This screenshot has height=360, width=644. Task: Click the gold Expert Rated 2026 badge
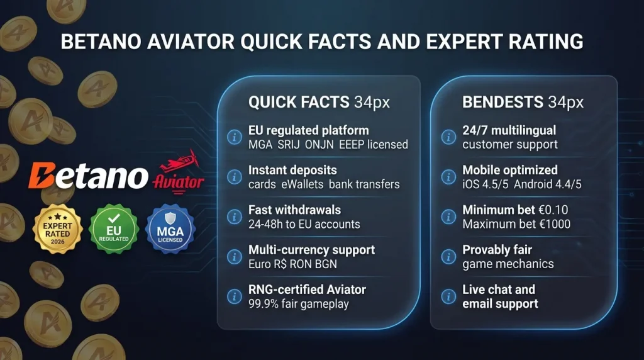pos(58,227)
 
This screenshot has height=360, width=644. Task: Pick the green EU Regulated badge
pos(113,227)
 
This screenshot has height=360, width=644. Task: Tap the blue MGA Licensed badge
pos(170,227)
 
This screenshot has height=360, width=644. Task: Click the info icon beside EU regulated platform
pos(235,137)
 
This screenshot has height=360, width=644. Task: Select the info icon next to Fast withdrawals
pos(235,217)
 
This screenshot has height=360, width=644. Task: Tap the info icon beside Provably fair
pos(448,256)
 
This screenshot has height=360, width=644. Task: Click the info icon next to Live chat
pos(448,296)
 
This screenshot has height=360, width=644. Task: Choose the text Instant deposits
pos(292,170)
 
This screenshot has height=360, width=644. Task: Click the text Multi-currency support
pos(311,249)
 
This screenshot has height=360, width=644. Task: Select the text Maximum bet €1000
pos(516,224)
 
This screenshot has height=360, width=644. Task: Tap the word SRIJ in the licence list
pos(289,145)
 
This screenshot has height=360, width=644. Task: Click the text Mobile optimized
pos(509,170)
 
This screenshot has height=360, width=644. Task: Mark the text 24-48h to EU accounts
pos(304,224)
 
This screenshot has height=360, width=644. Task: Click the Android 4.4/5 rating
pos(549,184)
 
